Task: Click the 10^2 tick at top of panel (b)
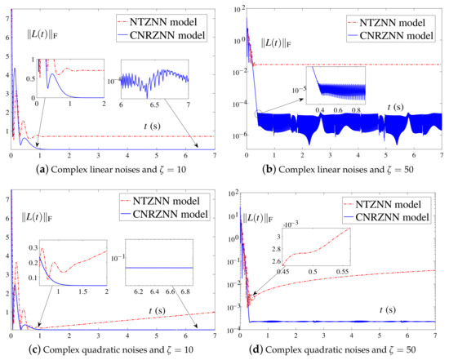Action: (238, 9)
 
